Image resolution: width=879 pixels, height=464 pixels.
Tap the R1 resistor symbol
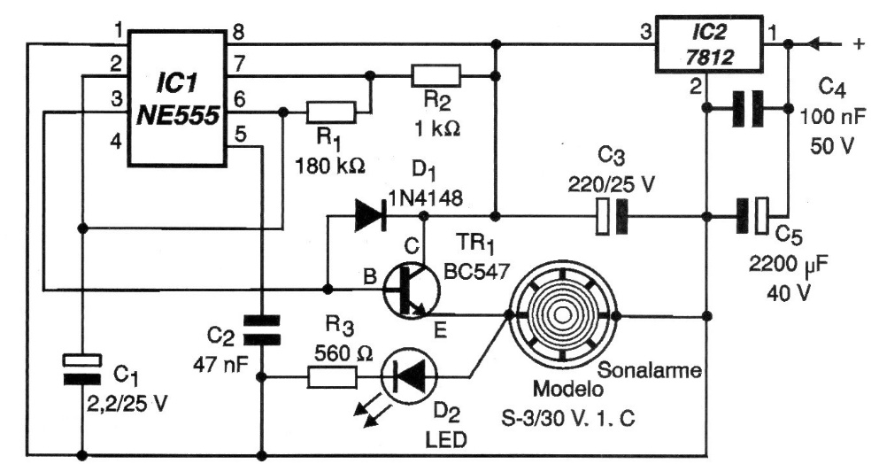coord(330,112)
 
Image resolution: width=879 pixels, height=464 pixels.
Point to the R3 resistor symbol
coord(331,378)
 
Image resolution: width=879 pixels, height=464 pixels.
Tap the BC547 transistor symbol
coord(408,290)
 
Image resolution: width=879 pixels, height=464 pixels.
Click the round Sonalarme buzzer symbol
coord(562,314)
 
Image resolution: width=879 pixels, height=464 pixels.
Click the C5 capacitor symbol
coord(753,215)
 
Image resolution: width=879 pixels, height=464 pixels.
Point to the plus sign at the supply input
coord(855,43)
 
